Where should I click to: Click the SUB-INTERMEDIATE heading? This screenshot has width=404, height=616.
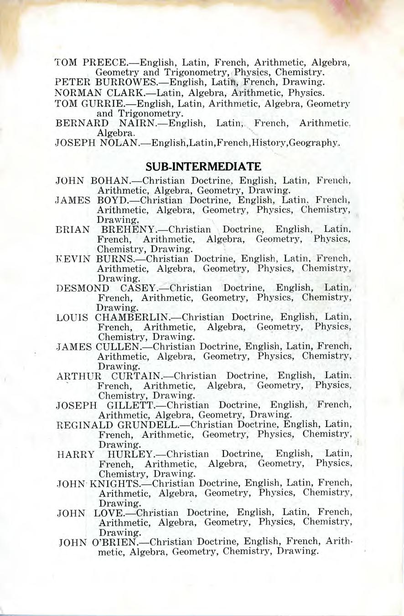click(202, 166)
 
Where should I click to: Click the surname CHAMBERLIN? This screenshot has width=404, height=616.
click(132, 318)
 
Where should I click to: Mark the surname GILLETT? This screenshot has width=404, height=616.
click(131, 405)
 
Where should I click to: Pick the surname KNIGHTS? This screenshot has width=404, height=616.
click(114, 483)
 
